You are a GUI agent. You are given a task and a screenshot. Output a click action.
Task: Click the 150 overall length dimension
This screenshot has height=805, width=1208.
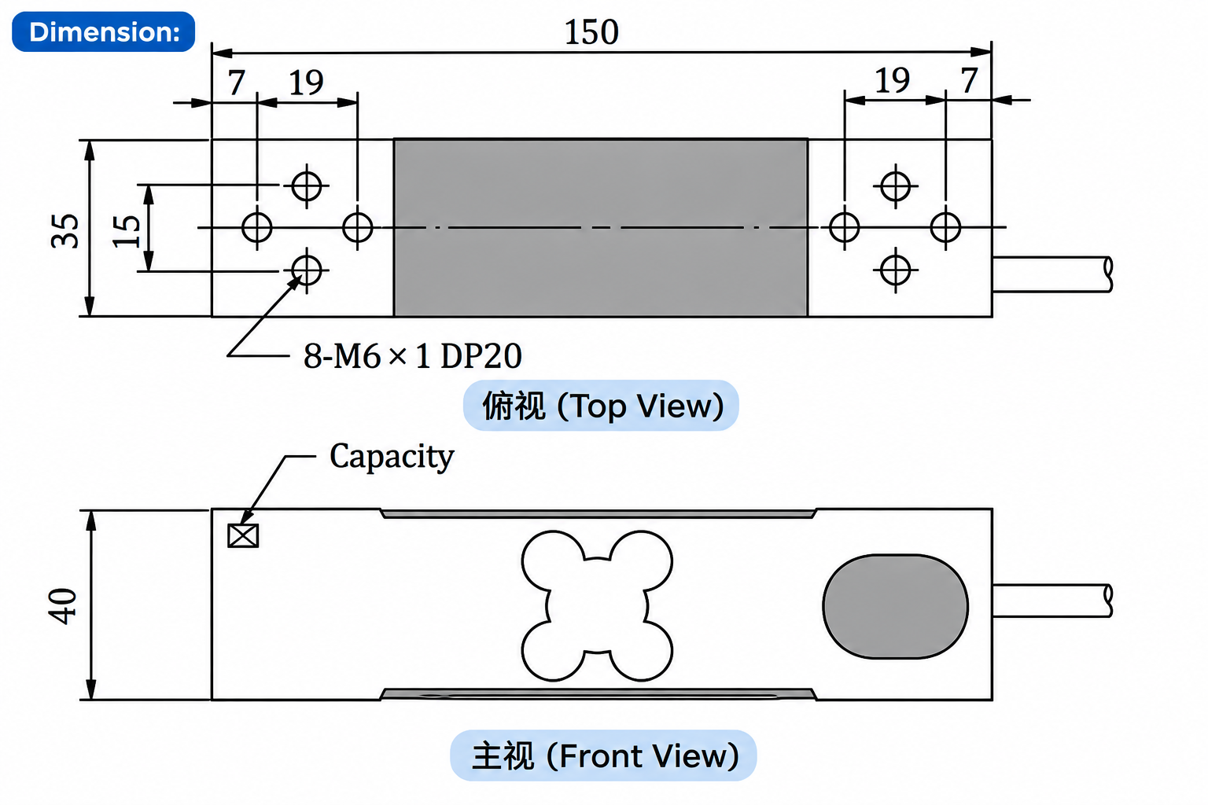591,32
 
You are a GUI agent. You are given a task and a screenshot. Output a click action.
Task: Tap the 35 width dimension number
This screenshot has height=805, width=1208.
64,231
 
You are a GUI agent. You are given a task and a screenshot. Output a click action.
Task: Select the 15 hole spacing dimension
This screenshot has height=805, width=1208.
126,231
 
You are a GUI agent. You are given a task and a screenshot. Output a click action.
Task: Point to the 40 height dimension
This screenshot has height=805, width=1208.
63,606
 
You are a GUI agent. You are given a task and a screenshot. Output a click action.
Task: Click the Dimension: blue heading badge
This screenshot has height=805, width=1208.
104,31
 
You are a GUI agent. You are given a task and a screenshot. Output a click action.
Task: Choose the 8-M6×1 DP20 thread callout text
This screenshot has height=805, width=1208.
413,356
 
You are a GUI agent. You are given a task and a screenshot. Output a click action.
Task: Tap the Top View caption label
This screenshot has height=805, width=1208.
601,406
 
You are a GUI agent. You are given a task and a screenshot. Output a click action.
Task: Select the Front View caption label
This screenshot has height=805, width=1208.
603,755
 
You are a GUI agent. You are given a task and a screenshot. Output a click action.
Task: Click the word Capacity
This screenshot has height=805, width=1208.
392,458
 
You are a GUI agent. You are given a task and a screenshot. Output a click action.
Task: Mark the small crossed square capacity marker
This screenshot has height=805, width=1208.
243,536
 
